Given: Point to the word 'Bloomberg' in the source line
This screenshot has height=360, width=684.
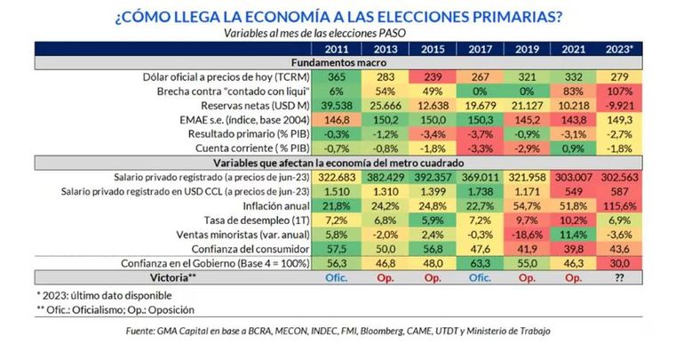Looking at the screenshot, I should tap(394, 331).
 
